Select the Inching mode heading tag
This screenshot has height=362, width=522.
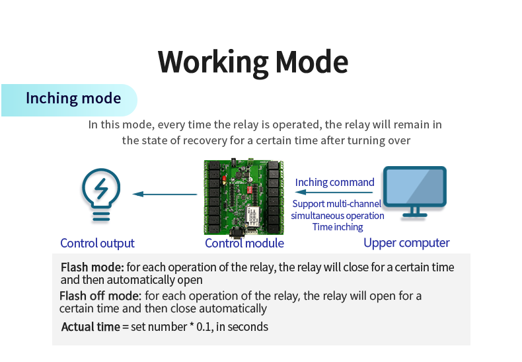[x=73, y=99]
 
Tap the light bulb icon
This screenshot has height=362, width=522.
[x=101, y=194]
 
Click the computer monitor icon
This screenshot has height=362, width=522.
[x=415, y=191]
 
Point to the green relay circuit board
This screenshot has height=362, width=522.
[x=244, y=197]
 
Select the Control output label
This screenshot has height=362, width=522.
[x=97, y=243]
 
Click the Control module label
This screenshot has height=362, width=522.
[x=244, y=243]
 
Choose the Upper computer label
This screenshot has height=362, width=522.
[x=406, y=243]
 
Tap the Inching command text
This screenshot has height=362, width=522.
[x=334, y=182]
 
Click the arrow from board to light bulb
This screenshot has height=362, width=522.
[x=165, y=194]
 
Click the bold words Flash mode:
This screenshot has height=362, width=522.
[x=92, y=267]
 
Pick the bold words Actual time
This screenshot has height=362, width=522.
[x=91, y=326]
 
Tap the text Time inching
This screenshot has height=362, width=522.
[x=338, y=227]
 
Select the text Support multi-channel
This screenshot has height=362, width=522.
[x=336, y=204]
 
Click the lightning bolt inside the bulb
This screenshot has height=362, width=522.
[x=101, y=189]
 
